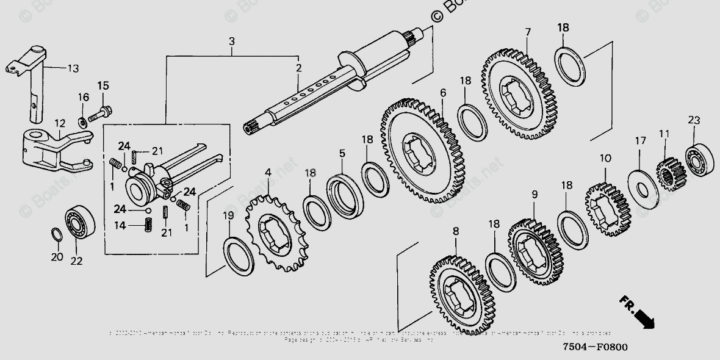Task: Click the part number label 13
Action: pyautogui.click(x=73, y=68)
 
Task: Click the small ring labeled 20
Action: pyautogui.click(x=55, y=234)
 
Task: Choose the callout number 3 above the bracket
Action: pyautogui.click(x=231, y=41)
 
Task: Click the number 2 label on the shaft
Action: pyautogui.click(x=298, y=68)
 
